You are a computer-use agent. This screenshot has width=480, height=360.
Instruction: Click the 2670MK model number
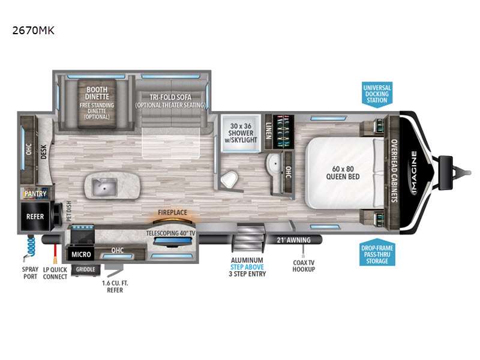pyautogui.click(x=33, y=29)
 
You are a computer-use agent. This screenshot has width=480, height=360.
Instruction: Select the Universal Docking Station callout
pyautogui.click(x=377, y=94)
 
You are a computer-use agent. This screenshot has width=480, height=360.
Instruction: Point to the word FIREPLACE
pyautogui.click(x=172, y=212)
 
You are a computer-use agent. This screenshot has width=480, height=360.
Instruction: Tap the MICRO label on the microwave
pyautogui.click(x=80, y=254)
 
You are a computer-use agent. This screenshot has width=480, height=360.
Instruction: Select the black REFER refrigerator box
pyautogui.click(x=35, y=216)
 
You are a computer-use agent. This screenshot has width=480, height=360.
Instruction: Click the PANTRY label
pyautogui.click(x=35, y=194)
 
